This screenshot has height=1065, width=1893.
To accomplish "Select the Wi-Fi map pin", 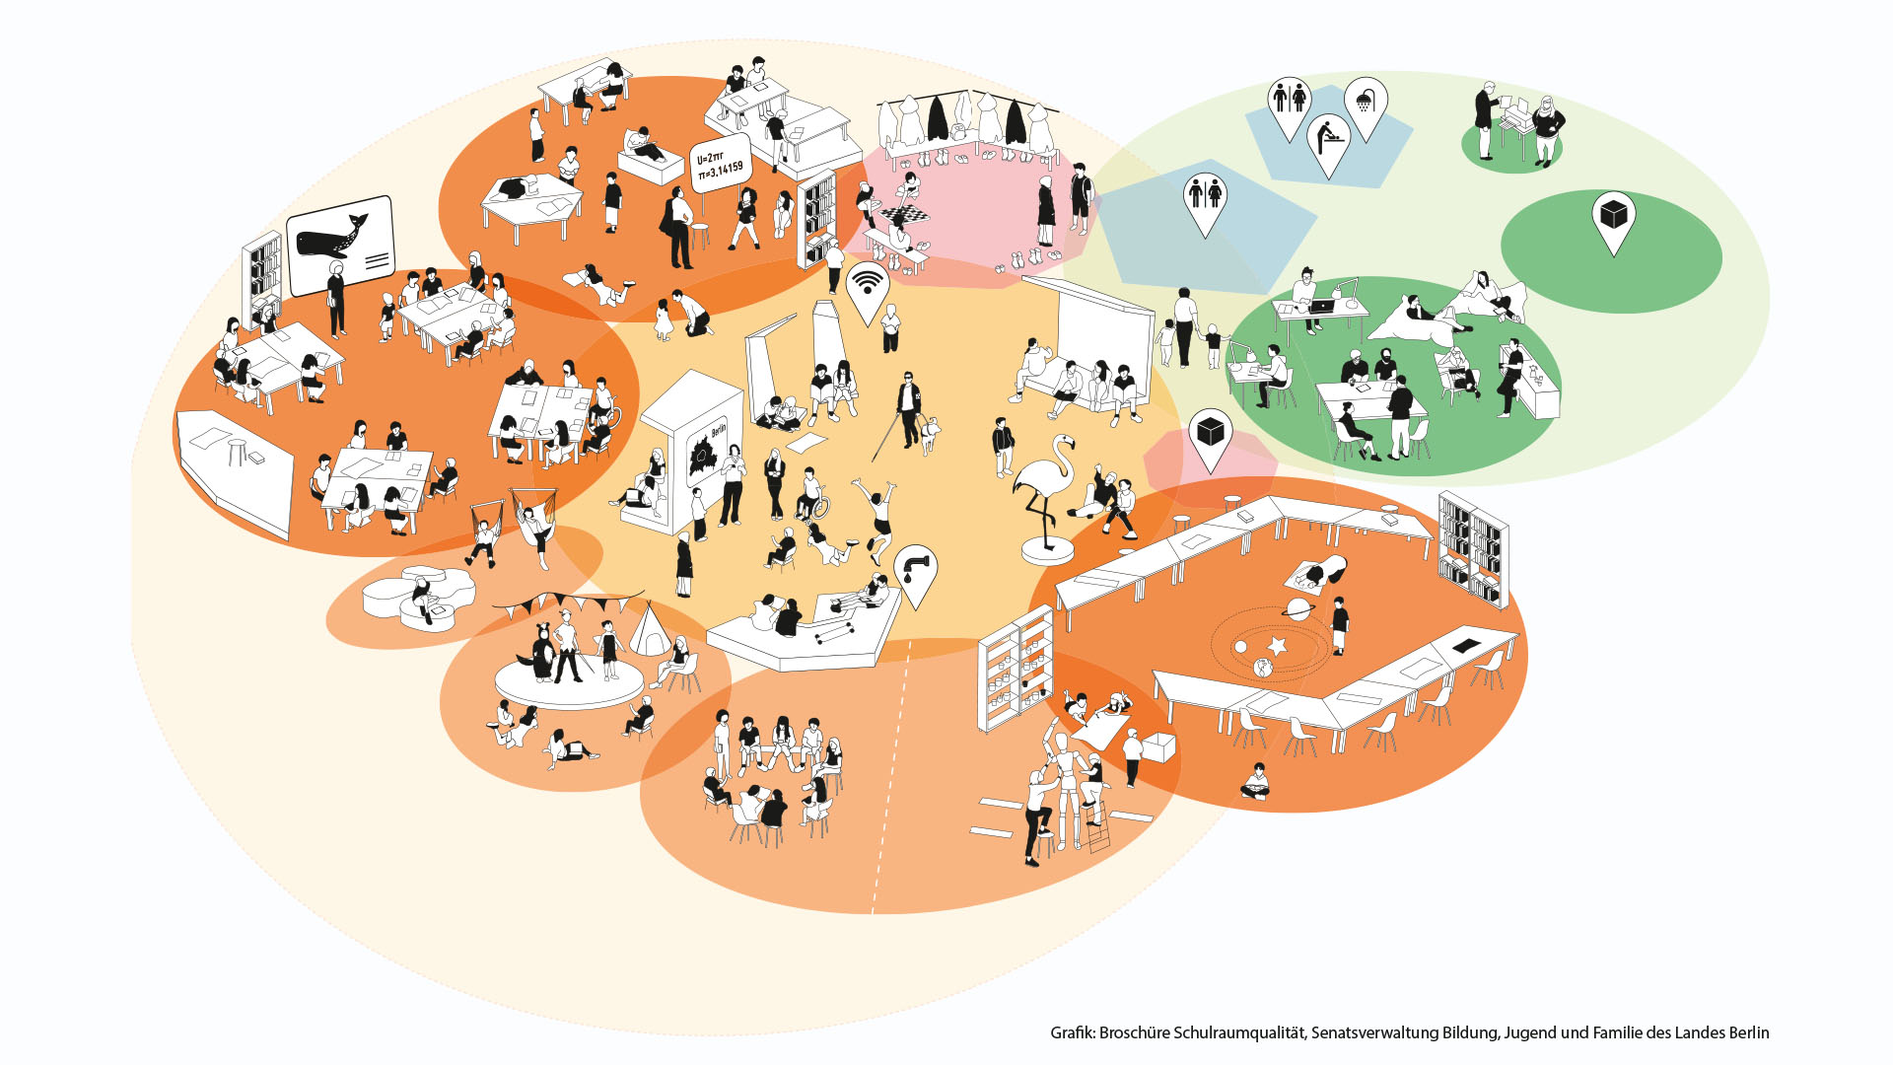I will coord(868,286).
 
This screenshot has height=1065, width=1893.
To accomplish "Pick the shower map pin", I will coord(1366,102).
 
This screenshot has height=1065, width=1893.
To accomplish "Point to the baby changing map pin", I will coord(1328,138).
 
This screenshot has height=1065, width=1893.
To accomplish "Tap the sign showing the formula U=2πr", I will coord(719,165).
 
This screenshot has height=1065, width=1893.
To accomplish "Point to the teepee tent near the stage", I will coord(651,631).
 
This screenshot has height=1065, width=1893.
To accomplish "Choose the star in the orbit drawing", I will coord(1278,646).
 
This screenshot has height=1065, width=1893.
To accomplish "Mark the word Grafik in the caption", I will coord(1072,1032).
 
